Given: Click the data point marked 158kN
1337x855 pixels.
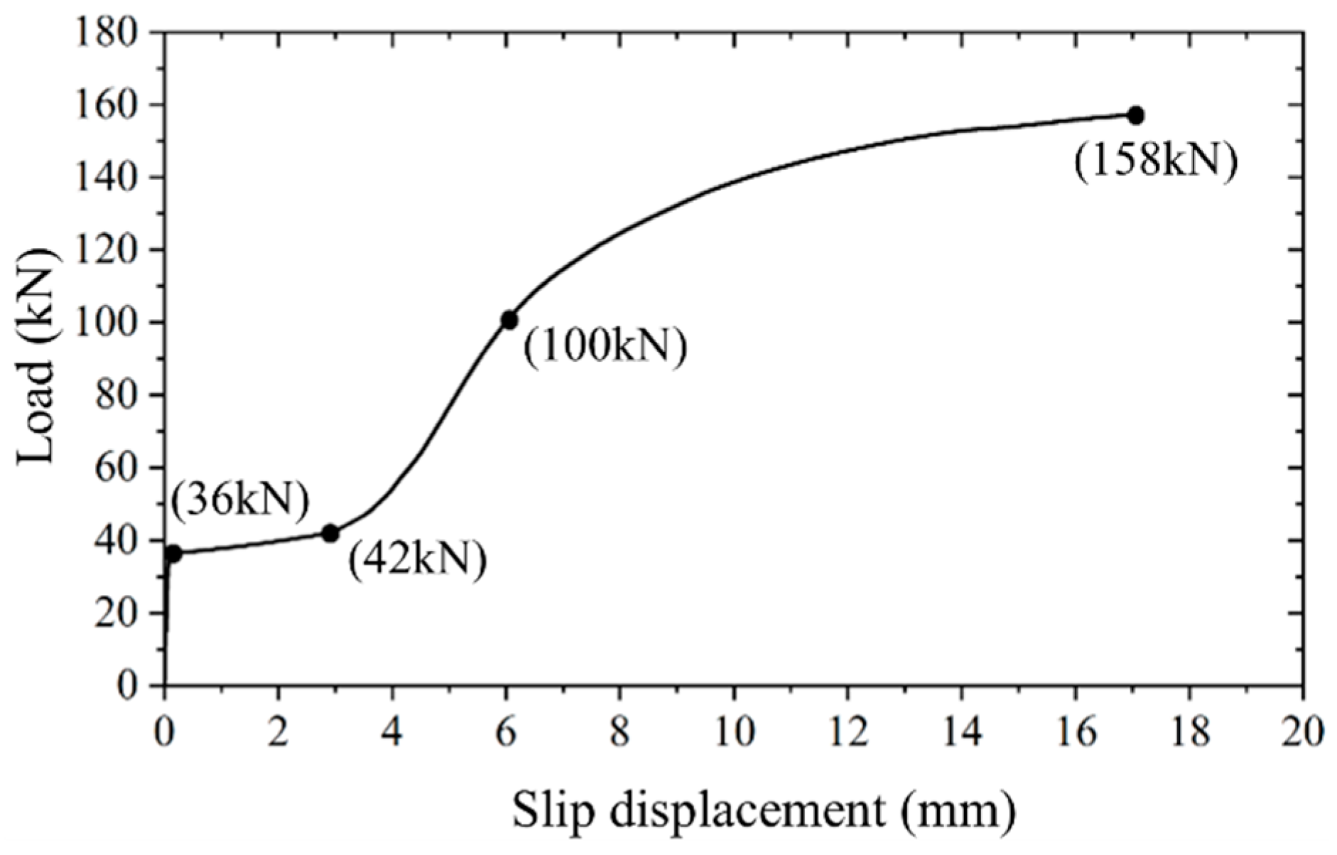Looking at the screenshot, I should click(x=1135, y=115).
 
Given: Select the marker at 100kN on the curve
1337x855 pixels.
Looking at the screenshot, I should click(x=509, y=320).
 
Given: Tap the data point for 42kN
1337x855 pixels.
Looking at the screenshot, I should click(x=330, y=533).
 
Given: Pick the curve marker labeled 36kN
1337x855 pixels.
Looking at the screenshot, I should click(x=173, y=553).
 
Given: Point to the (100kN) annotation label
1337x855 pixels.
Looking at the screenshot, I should click(x=605, y=348).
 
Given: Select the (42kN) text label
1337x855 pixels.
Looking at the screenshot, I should click(x=417, y=559).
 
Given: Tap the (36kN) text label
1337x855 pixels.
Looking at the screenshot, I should click(x=240, y=500).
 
